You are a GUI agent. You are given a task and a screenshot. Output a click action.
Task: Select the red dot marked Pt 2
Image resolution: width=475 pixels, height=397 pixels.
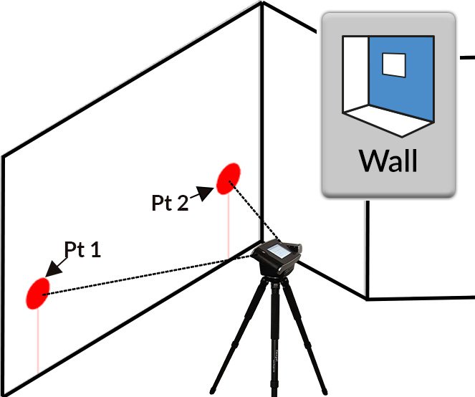click(x=229, y=178)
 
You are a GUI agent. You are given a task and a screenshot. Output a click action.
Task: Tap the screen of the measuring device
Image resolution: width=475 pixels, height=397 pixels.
click(x=280, y=253)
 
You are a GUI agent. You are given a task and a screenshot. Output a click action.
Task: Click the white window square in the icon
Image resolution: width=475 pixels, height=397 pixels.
click(x=393, y=65)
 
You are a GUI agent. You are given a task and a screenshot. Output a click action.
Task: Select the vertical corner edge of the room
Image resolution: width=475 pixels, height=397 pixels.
click(x=262, y=107)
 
